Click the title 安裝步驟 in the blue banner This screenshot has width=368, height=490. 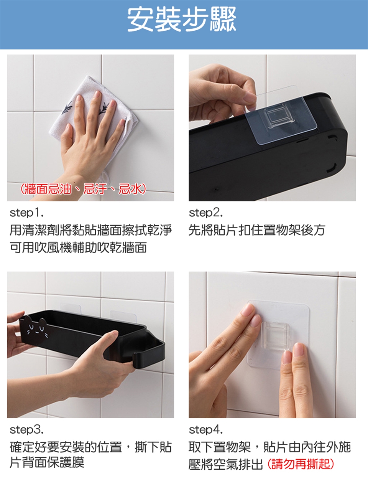pos(182,20)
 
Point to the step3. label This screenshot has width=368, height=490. pos(27,430)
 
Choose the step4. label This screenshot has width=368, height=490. pos(205,430)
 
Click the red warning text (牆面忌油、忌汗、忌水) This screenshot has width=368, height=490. pos(83,189)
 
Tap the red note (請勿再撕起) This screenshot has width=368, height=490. pos(301,464)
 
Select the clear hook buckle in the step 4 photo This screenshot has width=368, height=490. pos(276,335)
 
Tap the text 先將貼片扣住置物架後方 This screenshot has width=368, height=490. pos(257,230)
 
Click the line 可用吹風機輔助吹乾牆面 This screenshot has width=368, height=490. pos(78,247)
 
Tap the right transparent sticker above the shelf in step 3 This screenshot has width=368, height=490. pos(123,316)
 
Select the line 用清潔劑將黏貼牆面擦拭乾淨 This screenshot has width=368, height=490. pos(91,230)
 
